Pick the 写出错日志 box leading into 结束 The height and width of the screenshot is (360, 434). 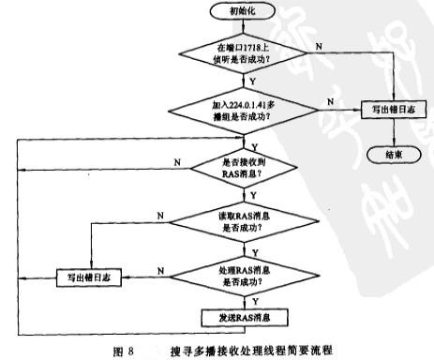(x=391, y=111)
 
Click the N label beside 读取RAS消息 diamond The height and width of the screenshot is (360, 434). (x=161, y=215)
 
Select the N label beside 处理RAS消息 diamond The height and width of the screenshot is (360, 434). (x=165, y=269)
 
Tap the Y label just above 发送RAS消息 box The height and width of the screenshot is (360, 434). (x=253, y=302)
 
